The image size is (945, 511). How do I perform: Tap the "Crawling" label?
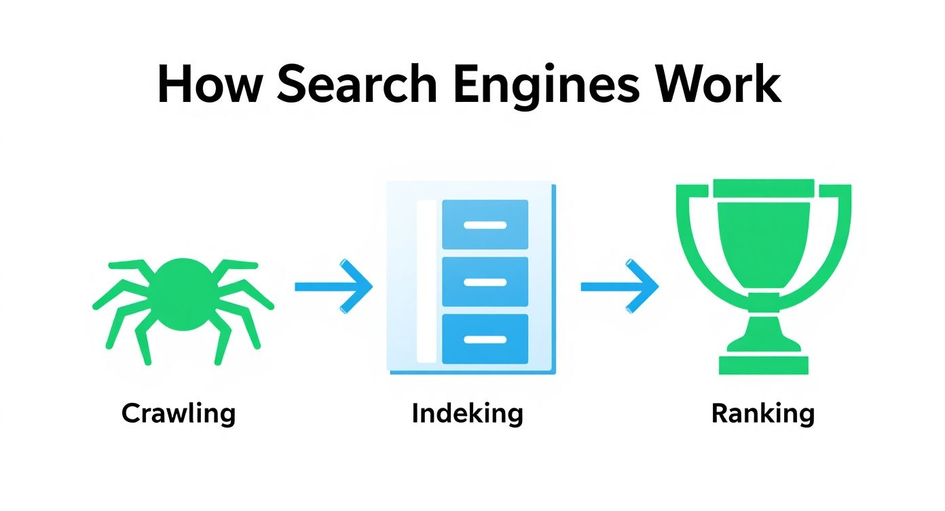click(x=179, y=413)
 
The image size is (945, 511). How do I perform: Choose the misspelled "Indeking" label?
click(x=467, y=413)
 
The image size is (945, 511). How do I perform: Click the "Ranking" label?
click(x=762, y=413)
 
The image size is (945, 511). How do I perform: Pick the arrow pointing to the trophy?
click(x=620, y=286)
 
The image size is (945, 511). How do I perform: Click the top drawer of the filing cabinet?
click(x=485, y=224)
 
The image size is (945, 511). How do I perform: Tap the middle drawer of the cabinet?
click(x=485, y=281)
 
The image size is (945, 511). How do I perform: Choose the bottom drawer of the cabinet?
click(x=485, y=338)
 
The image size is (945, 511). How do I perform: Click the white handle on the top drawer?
click(x=485, y=225)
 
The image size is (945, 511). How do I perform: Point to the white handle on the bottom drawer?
click(x=485, y=339)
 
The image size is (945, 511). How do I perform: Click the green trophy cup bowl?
click(x=764, y=238)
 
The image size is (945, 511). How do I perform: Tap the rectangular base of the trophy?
click(x=764, y=364)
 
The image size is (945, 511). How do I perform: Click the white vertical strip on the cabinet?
click(x=426, y=281)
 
